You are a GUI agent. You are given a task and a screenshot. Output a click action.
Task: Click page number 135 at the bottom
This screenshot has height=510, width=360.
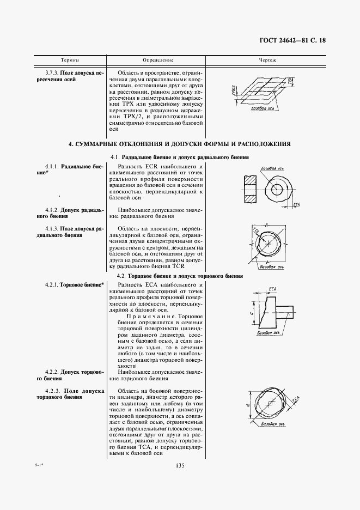(181, 465)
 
